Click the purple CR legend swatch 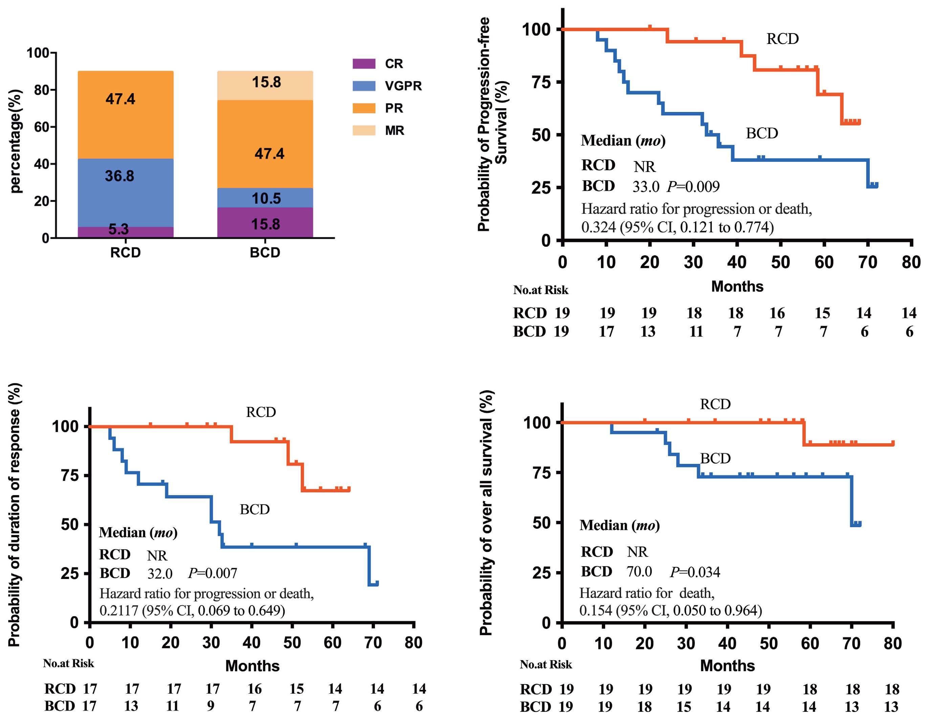[x=364, y=64]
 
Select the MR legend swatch [x=364, y=130]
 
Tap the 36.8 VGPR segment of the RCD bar [x=120, y=176]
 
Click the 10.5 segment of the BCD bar [x=266, y=198]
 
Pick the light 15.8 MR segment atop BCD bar [x=266, y=82]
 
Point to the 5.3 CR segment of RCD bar [x=118, y=229]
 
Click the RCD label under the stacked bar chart [x=125, y=252]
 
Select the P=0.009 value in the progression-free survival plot [x=693, y=186]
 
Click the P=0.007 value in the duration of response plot [x=213, y=573]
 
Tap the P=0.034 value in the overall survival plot [x=695, y=572]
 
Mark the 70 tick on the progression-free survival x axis [x=867, y=262]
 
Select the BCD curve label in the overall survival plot [x=715, y=458]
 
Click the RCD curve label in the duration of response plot [x=261, y=412]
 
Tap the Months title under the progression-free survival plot [x=737, y=287]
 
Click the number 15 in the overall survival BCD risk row [x=684, y=706]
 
